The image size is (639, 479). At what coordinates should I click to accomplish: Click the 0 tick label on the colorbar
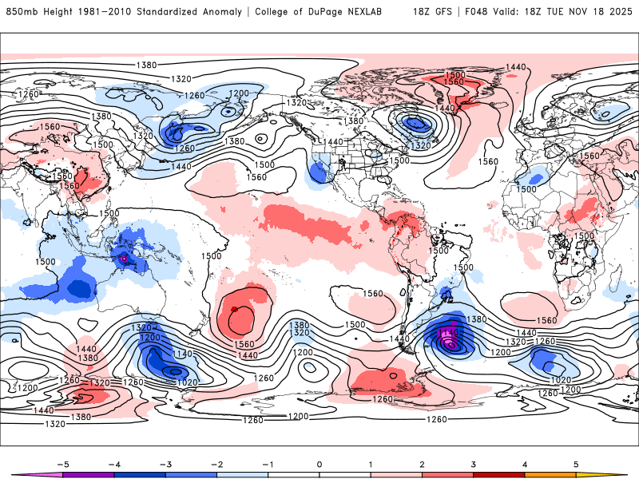pyautogui.click(x=319, y=463)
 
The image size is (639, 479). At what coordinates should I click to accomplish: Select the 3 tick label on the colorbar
pyautogui.click(x=474, y=463)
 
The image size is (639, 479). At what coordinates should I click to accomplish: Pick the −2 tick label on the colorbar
pyautogui.click(x=216, y=463)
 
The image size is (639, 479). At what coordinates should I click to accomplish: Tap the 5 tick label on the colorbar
pyautogui.click(x=577, y=463)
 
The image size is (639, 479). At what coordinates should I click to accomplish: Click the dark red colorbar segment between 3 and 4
pyautogui.click(x=499, y=474)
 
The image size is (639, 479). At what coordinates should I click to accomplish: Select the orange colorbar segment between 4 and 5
pyautogui.click(x=550, y=474)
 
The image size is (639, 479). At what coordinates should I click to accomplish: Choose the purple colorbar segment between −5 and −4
pyautogui.click(x=89, y=474)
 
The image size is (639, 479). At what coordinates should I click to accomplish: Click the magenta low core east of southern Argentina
pyautogui.click(x=450, y=343)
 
